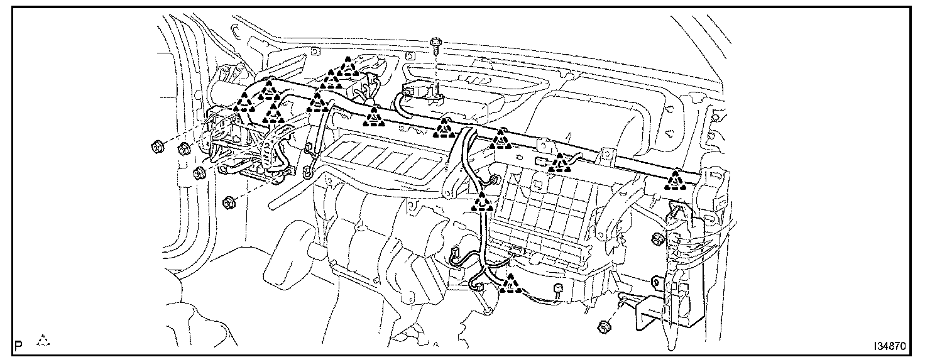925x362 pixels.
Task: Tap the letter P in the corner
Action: [x=19, y=346]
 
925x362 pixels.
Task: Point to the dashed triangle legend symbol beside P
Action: [x=43, y=341]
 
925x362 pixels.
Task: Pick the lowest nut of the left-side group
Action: [x=229, y=202]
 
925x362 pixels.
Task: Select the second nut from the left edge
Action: [x=183, y=150]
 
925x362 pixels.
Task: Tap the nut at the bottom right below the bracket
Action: [x=604, y=327]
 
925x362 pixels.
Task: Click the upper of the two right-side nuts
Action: [x=657, y=238]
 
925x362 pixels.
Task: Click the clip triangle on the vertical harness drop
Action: [x=482, y=203]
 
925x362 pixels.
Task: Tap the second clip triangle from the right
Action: [x=559, y=163]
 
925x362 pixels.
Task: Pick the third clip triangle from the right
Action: [x=501, y=139]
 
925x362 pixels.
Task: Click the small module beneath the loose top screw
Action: [x=420, y=90]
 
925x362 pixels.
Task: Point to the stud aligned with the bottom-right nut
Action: [x=623, y=302]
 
